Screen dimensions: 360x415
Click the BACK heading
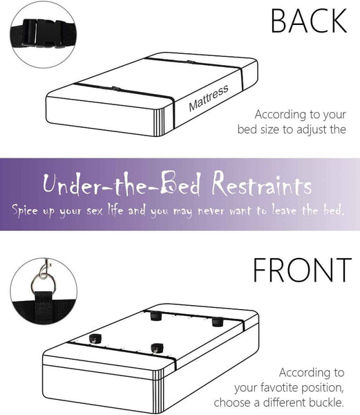click(x=309, y=21)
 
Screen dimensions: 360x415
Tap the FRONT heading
click(x=302, y=270)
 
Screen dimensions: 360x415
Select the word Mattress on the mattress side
click(x=209, y=98)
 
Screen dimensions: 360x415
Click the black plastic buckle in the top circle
click(x=44, y=33)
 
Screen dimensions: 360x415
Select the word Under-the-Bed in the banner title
click(x=122, y=184)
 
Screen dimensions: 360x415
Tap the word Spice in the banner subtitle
click(x=25, y=210)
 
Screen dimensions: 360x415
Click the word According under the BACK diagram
click(x=281, y=115)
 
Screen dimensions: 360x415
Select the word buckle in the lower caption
click(x=327, y=403)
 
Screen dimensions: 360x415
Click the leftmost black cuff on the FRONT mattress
click(x=95, y=338)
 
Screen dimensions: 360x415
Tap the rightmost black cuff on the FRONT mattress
click(x=218, y=322)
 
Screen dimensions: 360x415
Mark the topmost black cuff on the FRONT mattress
click(x=156, y=316)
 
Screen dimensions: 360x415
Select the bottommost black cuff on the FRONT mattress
click(x=157, y=348)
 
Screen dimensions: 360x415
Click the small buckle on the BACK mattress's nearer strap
click(x=116, y=89)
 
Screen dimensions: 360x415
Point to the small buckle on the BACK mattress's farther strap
click(x=191, y=62)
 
